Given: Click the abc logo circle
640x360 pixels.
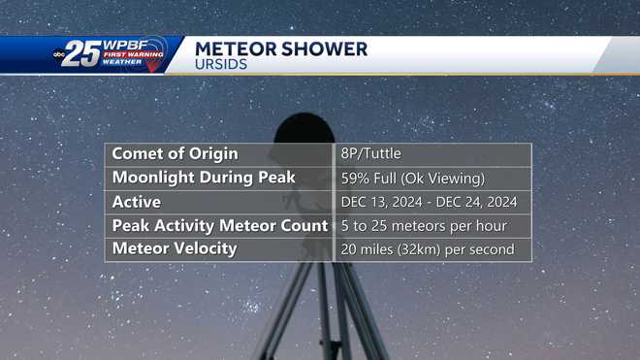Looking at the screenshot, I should (58, 55).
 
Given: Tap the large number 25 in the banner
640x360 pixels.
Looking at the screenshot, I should (83, 55).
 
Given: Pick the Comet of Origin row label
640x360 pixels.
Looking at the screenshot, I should (175, 154).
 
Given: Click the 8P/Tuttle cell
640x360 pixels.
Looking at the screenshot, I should (371, 154).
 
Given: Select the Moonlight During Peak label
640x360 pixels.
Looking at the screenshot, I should (204, 179).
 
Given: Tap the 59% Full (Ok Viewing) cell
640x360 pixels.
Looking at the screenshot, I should (412, 179).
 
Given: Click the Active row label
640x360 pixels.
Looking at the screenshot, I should (137, 202).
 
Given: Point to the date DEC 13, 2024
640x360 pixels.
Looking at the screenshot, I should (381, 203).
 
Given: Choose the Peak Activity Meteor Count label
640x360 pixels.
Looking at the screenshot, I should (220, 226).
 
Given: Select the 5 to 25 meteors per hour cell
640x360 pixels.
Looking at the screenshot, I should (424, 226).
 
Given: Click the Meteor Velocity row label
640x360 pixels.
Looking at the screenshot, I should (175, 249).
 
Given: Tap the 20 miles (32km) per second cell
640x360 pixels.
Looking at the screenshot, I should (427, 249).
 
